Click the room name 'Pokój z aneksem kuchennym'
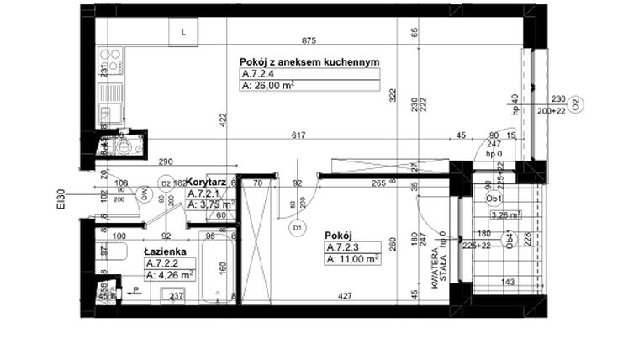[x=310, y=62]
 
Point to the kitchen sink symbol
[x=107, y=113]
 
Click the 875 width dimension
[x=309, y=41]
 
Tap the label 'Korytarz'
[x=203, y=182]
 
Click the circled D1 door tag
[x=296, y=226]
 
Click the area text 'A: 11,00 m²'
[x=352, y=259]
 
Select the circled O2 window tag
[x=578, y=104]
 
